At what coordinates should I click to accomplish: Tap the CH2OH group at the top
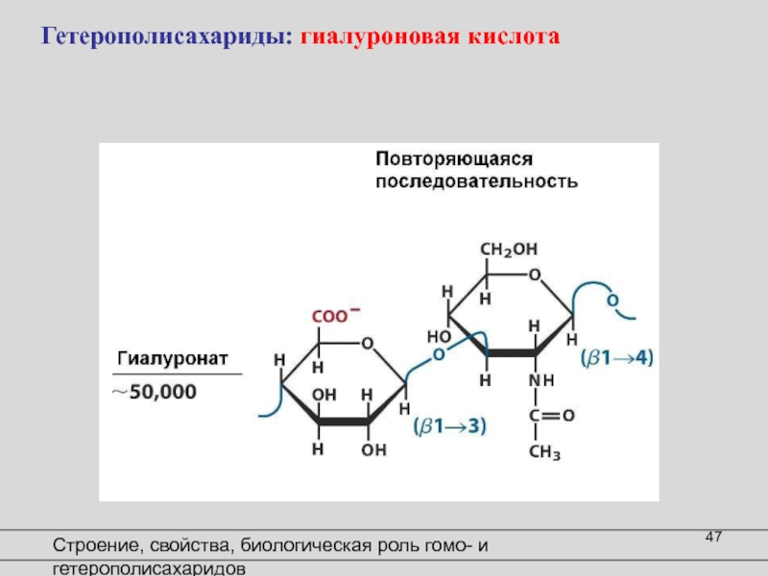pos(508,249)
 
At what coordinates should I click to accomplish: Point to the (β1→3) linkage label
pos(449,426)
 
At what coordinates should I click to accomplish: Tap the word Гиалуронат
pos(173,358)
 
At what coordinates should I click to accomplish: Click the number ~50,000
pos(154,392)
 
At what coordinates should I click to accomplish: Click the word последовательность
pos(476,180)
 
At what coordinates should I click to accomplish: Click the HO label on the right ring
pos(439,337)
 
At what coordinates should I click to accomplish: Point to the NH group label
pos(541,381)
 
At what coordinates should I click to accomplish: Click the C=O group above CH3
pos(550,416)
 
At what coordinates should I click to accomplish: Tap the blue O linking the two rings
pos(439,354)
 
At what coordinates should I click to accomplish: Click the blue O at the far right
pos(612,301)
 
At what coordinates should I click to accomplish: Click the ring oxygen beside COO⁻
pos(366,342)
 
